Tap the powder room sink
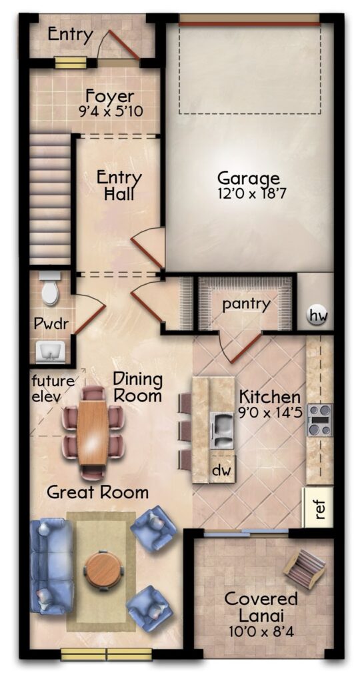click(x=51, y=352)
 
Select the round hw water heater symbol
click(x=317, y=314)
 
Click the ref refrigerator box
click(x=318, y=507)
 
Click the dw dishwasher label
click(x=222, y=470)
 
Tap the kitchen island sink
click(x=223, y=430)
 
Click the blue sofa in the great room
click(x=51, y=565)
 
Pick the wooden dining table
click(x=92, y=432)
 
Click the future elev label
click(x=53, y=389)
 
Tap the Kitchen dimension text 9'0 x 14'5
click(x=271, y=412)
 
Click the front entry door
click(x=124, y=45)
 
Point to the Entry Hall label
click(x=119, y=185)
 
